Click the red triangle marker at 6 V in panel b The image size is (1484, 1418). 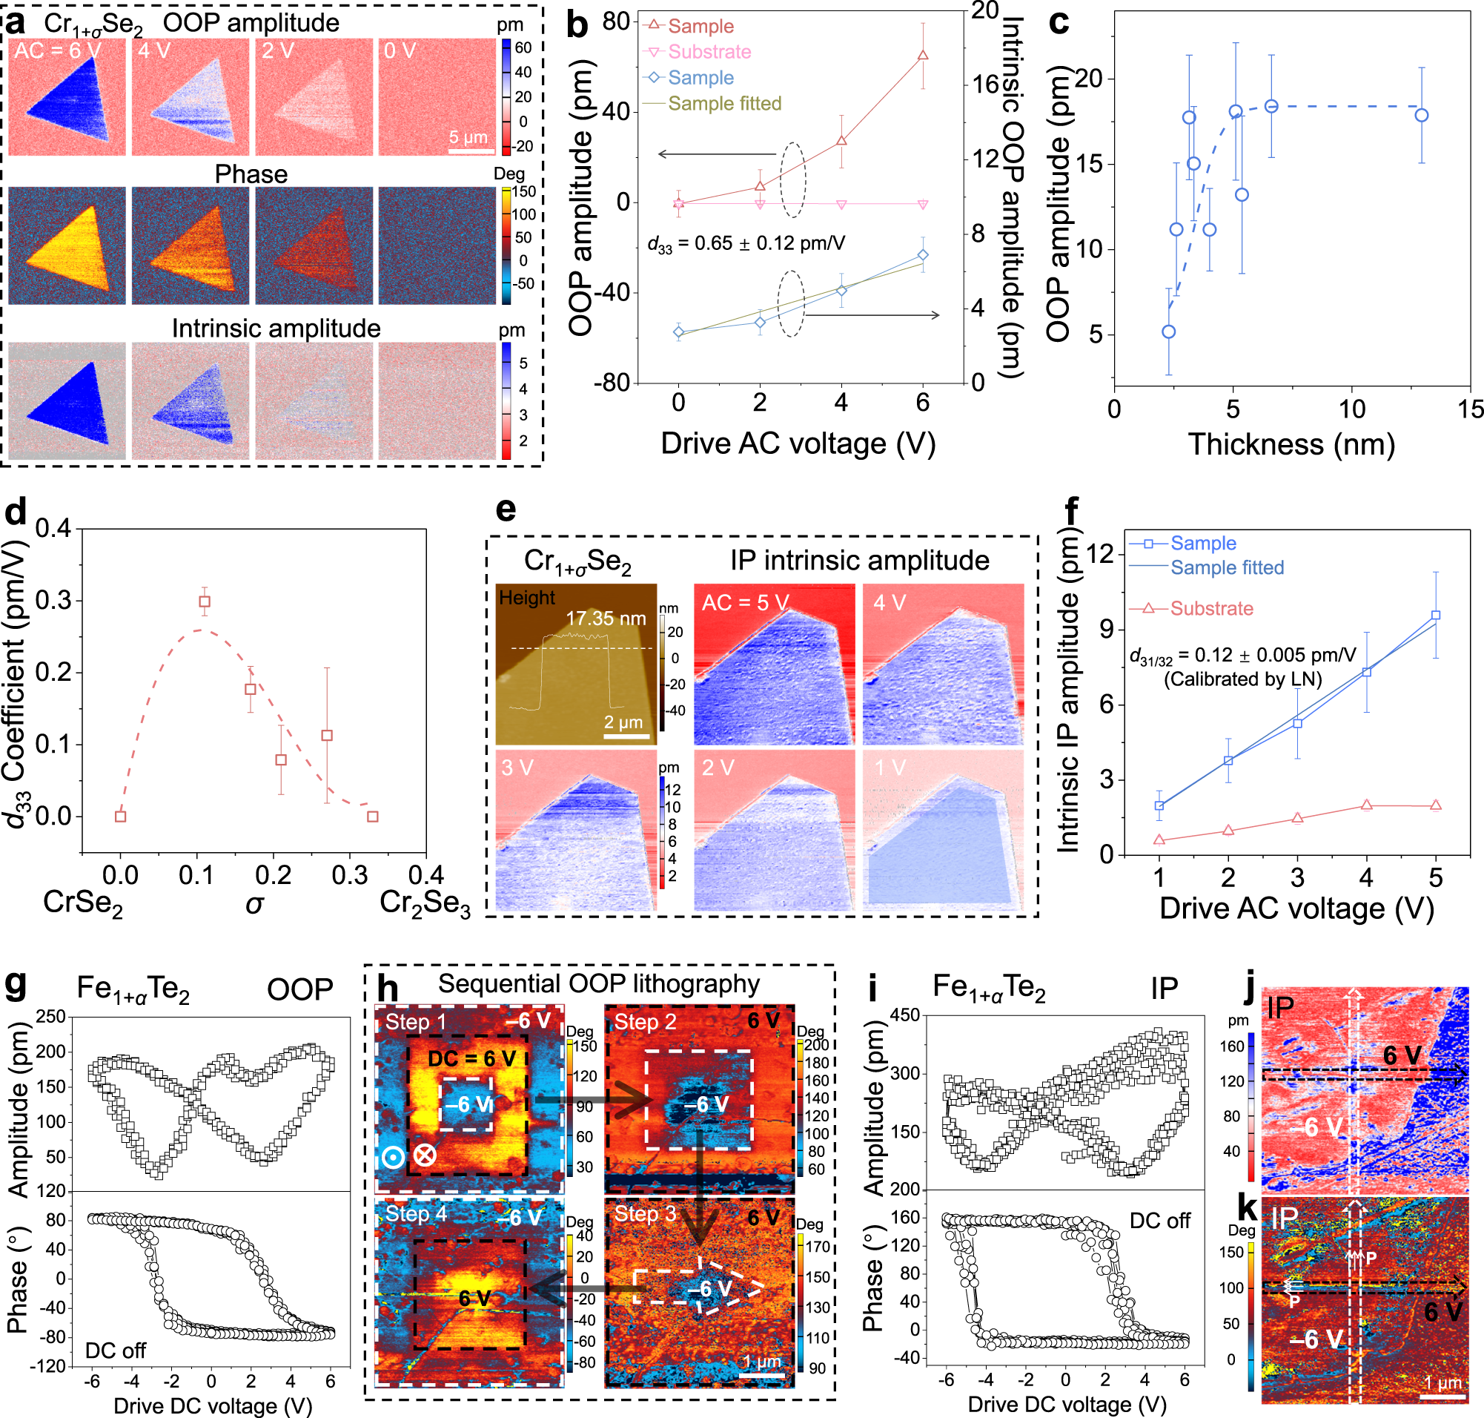click(922, 55)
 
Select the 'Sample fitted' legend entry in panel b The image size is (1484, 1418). click(724, 104)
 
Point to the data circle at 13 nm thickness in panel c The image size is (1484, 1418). click(1421, 116)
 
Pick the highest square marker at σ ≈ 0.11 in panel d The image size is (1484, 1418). click(204, 601)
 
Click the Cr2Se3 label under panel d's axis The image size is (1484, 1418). click(425, 903)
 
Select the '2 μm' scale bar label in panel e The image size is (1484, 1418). click(623, 721)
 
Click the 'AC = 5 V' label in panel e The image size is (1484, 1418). click(745, 602)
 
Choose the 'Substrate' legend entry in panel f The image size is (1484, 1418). click(1211, 608)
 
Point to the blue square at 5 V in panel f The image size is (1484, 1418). click(1436, 616)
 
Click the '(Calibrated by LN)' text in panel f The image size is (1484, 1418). click(1242, 679)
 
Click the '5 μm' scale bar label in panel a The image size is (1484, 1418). click(468, 136)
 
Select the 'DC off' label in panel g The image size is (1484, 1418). click(115, 1350)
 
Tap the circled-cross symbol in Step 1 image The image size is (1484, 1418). click(425, 1155)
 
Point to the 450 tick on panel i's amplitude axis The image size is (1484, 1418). click(906, 1015)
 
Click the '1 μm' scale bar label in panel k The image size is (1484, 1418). click(1443, 1382)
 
